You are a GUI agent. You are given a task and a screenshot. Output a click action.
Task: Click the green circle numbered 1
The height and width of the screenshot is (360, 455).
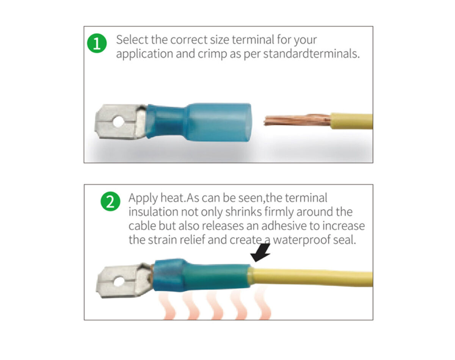coord(97,43)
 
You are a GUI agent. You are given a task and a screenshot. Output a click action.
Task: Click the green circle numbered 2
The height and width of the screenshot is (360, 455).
coord(110,202)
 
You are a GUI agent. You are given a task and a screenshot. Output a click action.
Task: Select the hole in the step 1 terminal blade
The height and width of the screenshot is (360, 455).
coord(118,122)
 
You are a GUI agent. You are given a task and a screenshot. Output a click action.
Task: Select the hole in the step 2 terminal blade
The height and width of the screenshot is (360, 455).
coord(119,281)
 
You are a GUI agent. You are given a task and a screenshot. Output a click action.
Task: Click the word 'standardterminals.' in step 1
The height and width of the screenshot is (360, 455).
coord(311,54)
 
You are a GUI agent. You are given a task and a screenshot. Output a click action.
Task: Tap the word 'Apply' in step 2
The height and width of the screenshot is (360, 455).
coord(143,198)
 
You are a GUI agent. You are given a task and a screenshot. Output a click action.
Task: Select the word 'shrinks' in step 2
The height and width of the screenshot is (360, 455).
coord(243,212)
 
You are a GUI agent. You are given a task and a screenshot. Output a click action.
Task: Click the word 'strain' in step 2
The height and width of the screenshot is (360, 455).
coord(162,240)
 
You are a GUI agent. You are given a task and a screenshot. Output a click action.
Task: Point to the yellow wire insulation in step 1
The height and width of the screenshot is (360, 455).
coord(351,121)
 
